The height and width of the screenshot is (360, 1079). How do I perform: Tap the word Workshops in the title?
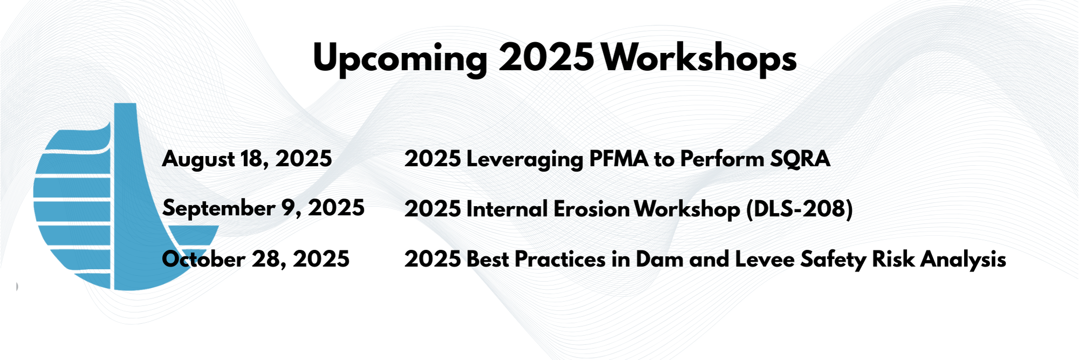point(699,58)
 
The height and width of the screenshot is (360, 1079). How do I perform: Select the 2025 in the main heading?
point(546,57)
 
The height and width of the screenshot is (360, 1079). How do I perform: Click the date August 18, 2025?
point(247,159)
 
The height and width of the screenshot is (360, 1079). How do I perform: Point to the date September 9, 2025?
point(263,208)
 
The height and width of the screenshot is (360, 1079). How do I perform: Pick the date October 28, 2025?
point(256,259)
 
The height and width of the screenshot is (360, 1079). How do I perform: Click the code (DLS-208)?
point(800,209)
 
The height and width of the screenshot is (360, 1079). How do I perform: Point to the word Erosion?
point(591,209)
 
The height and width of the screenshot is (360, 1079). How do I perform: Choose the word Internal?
point(507,209)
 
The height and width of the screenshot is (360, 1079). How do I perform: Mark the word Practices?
point(560,260)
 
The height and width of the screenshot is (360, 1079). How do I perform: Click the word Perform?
point(721,159)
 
